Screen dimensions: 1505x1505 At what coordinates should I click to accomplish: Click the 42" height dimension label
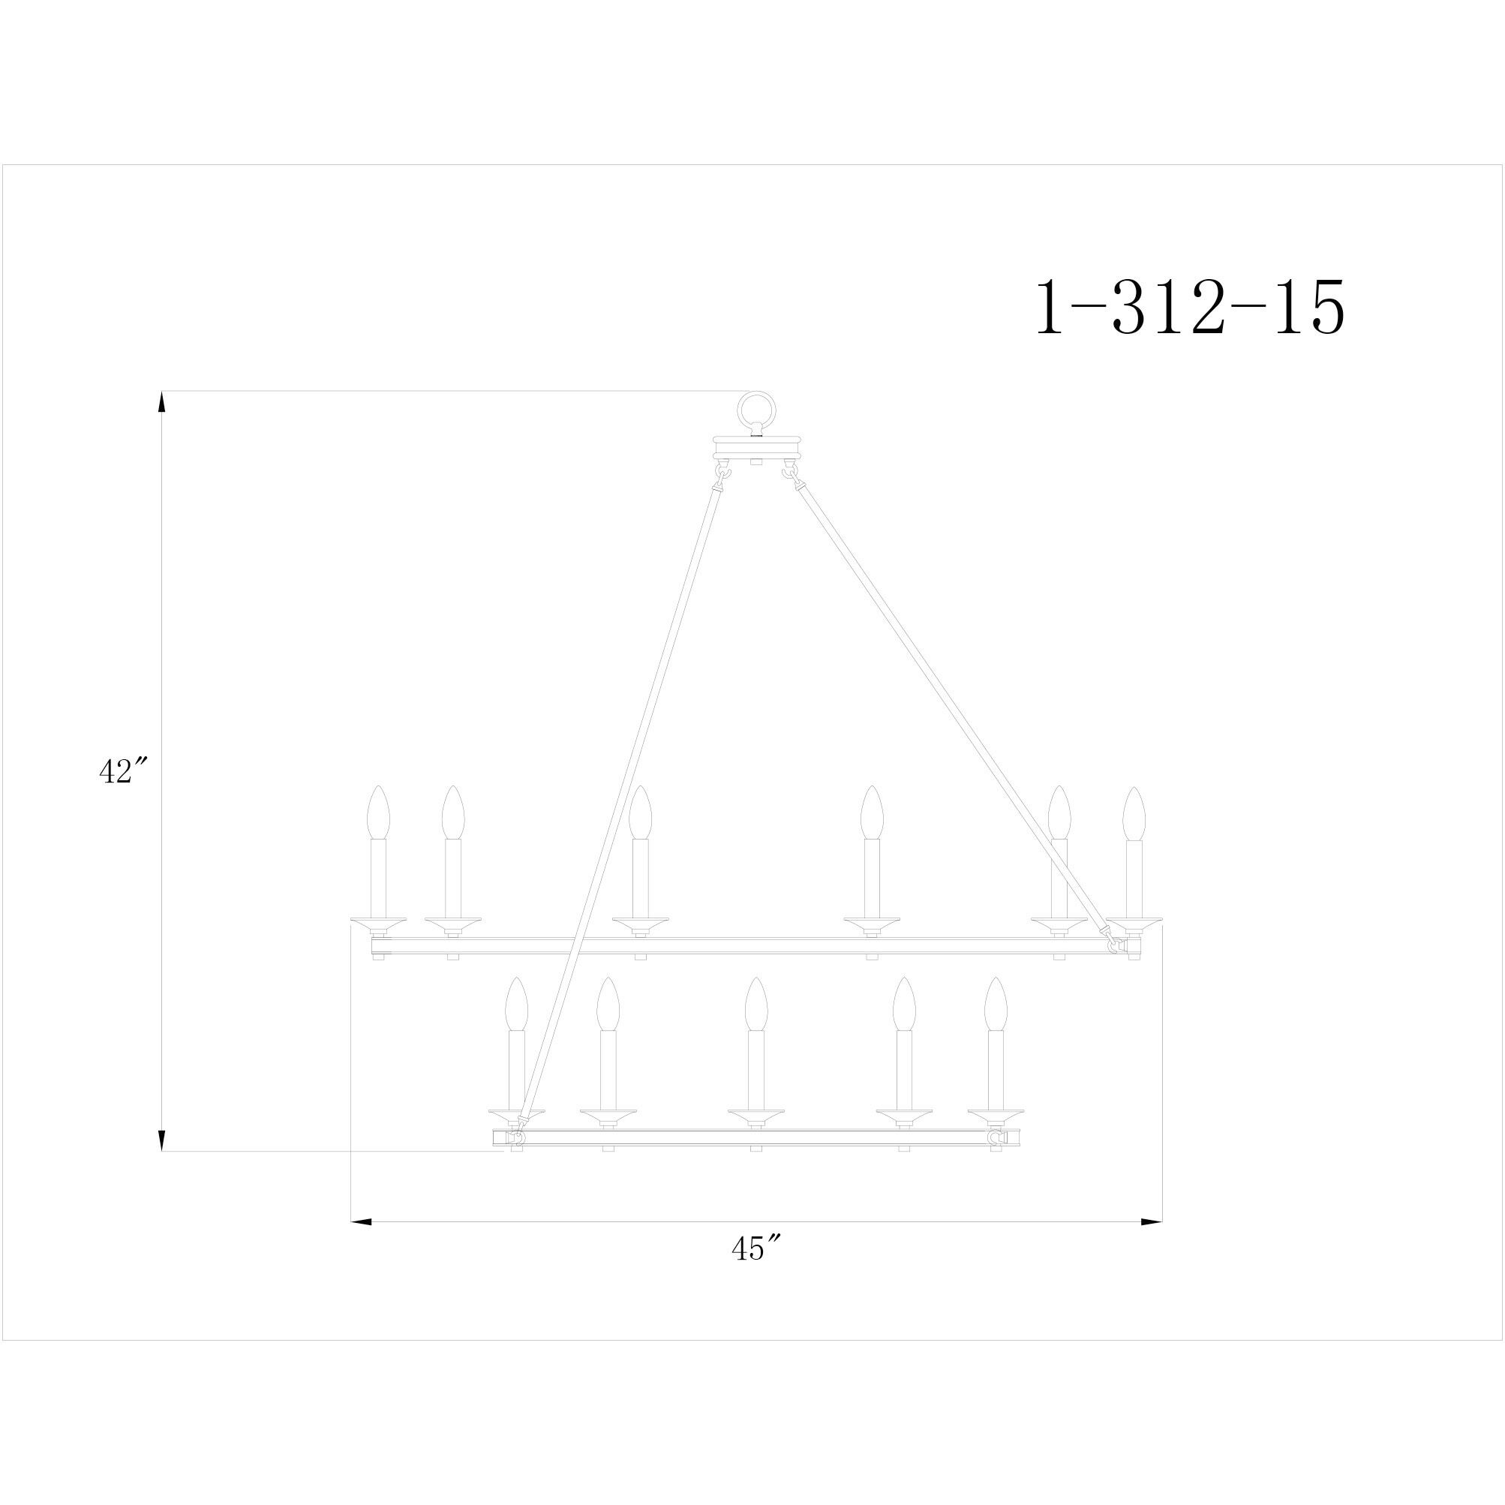[x=123, y=771]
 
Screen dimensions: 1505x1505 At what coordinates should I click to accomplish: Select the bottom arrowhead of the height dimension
[x=162, y=1139]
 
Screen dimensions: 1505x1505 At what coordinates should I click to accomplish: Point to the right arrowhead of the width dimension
[x=1152, y=1221]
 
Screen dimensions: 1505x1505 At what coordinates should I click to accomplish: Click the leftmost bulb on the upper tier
[x=378, y=813]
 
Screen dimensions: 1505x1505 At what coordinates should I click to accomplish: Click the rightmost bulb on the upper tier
[x=1134, y=813]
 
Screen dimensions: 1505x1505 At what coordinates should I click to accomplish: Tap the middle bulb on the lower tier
[x=756, y=1004]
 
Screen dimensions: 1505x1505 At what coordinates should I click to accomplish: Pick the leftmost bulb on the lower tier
[x=516, y=1004]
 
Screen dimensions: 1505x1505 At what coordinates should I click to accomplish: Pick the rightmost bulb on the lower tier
[x=996, y=1004]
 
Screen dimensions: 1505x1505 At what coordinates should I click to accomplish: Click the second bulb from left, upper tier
[x=452, y=813]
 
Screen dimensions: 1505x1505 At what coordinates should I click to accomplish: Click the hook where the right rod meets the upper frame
[x=1116, y=945]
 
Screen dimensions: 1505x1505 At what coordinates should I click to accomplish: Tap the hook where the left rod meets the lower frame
[x=515, y=1138]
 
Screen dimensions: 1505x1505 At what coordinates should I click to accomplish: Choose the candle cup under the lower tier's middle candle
[x=756, y=1116]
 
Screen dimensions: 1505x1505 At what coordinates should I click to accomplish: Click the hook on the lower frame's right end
[x=995, y=1138]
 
